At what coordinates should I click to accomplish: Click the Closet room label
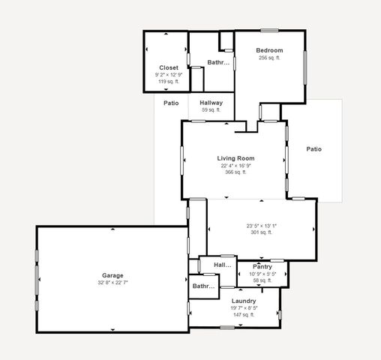click(x=168, y=67)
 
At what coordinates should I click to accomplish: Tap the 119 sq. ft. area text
click(x=168, y=81)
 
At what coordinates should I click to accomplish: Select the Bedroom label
click(x=268, y=50)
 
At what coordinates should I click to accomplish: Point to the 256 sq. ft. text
click(x=268, y=58)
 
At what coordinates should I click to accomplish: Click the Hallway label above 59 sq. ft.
click(x=211, y=103)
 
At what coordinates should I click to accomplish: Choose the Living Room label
click(x=235, y=158)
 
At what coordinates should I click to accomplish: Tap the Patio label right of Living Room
click(x=313, y=149)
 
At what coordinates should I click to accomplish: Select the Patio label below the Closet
click(x=171, y=103)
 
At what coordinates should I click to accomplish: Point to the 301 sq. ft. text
click(x=261, y=232)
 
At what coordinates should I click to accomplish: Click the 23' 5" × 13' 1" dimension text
click(x=261, y=226)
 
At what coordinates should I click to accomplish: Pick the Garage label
click(x=112, y=275)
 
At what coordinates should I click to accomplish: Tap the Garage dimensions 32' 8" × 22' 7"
click(x=112, y=283)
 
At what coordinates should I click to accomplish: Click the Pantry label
click(x=262, y=266)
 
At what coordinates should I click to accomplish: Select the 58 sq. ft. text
click(x=262, y=280)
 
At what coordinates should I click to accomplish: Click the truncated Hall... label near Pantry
click(x=223, y=265)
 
